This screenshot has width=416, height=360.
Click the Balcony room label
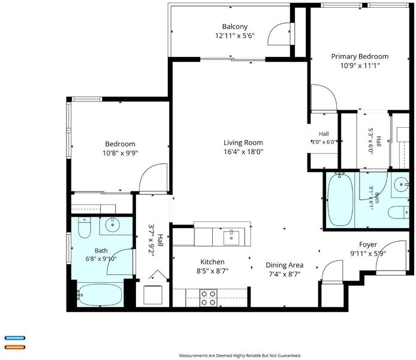point(235,26)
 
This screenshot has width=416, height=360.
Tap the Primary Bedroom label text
point(360,56)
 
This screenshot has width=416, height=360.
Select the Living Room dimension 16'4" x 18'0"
point(243,152)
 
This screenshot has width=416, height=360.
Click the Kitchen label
point(212,262)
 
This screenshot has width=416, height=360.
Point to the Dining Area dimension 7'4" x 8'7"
point(285,274)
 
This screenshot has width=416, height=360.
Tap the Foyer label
point(368,245)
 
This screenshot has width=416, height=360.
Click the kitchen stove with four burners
point(208,298)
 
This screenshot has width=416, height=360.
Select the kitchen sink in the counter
point(231,238)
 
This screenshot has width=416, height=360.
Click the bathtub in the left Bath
point(100,295)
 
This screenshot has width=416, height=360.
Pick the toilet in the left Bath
point(85,227)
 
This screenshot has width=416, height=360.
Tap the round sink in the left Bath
point(113,225)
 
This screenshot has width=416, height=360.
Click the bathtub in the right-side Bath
point(340,199)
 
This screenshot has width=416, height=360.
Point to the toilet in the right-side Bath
point(398,212)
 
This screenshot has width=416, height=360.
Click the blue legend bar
point(15,338)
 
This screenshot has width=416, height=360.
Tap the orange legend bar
point(15,347)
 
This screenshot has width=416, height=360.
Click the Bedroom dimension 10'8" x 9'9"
point(120,153)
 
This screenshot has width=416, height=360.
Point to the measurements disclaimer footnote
point(240,355)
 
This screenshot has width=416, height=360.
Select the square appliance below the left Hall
point(153,295)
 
